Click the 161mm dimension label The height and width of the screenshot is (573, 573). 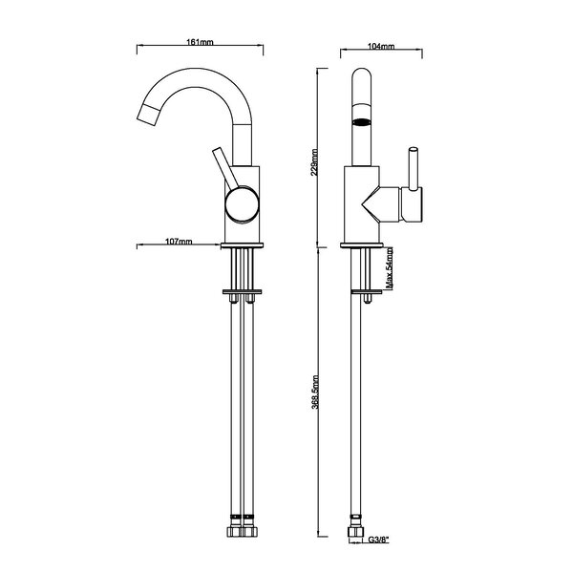pos(200,42)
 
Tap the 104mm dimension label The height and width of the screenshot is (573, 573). pos(381,47)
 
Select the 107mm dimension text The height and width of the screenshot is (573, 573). pos(179,242)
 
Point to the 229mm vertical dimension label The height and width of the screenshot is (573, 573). pos(314,162)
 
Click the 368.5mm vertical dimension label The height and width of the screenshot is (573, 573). pos(315,393)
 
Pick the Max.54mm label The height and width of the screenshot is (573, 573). pos(390,268)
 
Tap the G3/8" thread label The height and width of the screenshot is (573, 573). pos(378,541)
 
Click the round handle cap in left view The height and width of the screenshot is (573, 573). pos(243,204)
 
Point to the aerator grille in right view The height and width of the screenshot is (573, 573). pos(361,122)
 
